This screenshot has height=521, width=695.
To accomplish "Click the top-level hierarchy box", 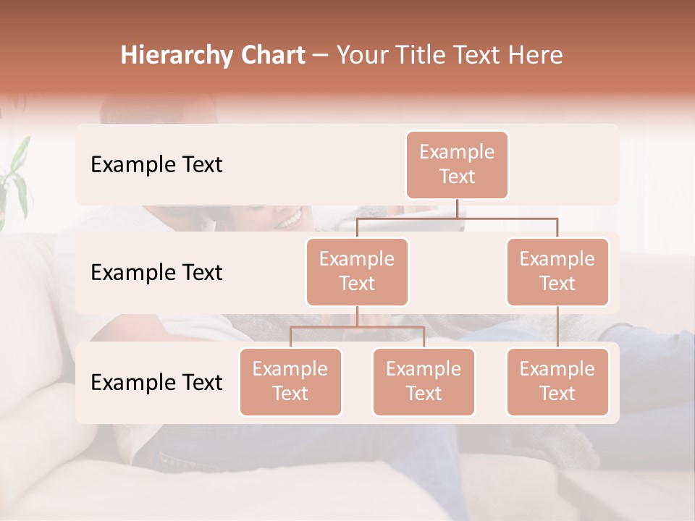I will (x=457, y=165).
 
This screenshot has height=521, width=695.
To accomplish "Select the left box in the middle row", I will (x=357, y=271).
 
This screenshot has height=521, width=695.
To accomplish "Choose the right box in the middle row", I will (x=557, y=271).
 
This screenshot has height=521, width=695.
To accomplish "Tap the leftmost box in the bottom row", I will (x=290, y=381).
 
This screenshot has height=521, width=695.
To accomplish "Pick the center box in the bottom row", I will (x=424, y=381).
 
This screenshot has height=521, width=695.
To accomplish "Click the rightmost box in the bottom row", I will (x=557, y=381).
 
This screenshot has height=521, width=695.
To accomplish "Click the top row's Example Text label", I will (x=156, y=165).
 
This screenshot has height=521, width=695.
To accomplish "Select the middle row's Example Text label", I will (x=156, y=273).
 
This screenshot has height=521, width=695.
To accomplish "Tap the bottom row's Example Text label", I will (x=156, y=382).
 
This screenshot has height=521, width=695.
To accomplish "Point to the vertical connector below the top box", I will (x=457, y=208).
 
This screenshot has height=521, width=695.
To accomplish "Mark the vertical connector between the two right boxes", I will (x=557, y=327).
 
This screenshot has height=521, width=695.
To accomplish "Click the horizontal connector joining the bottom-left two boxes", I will (x=357, y=327).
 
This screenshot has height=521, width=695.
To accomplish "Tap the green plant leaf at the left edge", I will (x=16, y=174).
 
